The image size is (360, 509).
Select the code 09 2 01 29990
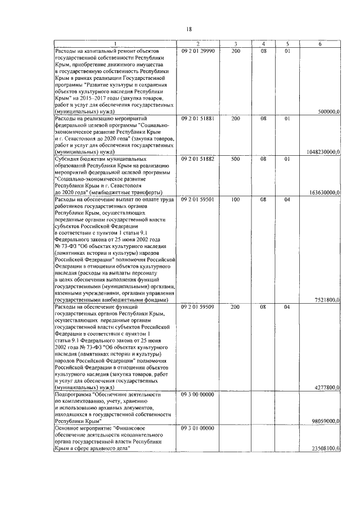[x=198, y=51]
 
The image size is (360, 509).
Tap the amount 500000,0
[x=328, y=112]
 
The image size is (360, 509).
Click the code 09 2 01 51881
[x=198, y=119]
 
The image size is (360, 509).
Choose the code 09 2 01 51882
[x=198, y=159]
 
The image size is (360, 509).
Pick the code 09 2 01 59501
[x=198, y=200]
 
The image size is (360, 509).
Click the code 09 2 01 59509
[x=198, y=308]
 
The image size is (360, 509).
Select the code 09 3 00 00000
[x=198, y=395]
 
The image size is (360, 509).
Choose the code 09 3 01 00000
[x=198, y=429]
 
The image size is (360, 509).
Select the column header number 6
[x=319, y=44]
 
